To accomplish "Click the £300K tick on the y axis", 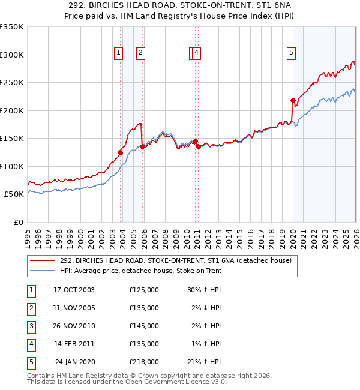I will click(12, 55).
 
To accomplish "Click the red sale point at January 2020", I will click(293, 100).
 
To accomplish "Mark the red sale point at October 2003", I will click(121, 152).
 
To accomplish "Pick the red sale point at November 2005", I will click(142, 146).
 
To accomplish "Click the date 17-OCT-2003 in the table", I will click(74, 290).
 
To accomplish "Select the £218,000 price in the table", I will click(144, 362).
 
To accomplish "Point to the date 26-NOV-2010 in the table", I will click(74, 326).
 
